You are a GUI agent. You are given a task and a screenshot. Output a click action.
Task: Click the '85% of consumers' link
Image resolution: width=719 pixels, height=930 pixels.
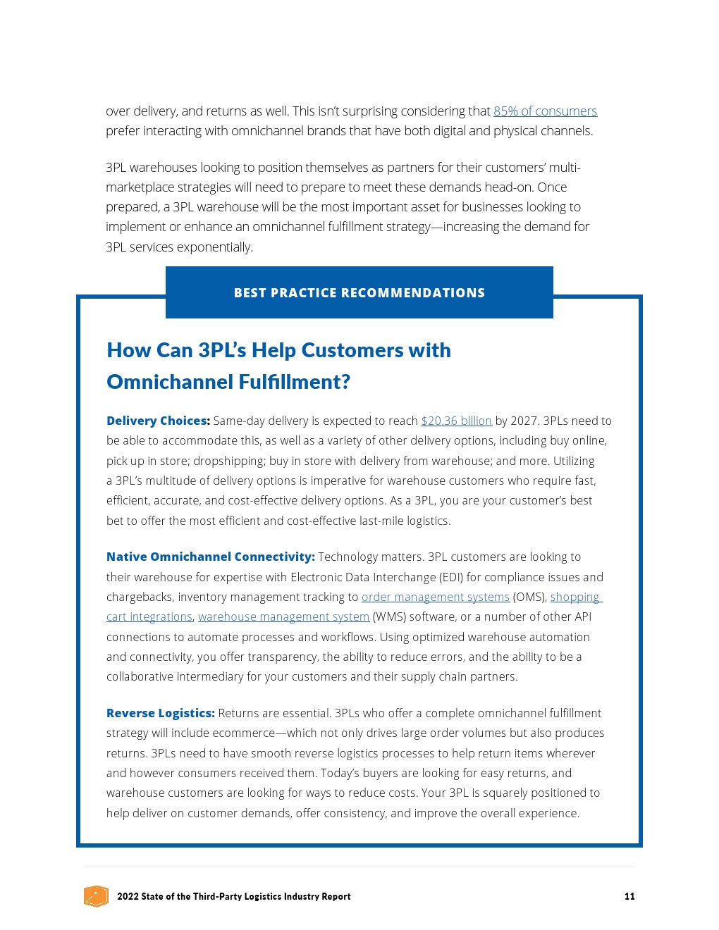(545, 111)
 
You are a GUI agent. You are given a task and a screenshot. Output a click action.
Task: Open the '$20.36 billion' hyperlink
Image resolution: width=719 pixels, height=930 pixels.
(456, 421)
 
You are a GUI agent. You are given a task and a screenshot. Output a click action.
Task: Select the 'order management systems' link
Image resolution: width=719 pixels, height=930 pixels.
(435, 597)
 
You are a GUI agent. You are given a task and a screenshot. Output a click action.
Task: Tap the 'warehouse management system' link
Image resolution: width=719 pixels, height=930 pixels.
(283, 616)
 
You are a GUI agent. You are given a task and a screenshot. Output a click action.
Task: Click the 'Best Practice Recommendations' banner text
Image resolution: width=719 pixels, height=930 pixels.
(359, 293)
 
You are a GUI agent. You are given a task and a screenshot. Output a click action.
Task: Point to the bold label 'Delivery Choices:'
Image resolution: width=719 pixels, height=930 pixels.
(158, 421)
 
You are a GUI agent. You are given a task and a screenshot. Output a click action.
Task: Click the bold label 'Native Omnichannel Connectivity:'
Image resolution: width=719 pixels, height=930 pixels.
(210, 557)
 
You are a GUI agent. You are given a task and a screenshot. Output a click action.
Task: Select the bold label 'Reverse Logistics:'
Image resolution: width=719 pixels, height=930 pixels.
(160, 713)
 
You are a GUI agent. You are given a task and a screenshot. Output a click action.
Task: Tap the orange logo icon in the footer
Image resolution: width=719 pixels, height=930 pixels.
(96, 896)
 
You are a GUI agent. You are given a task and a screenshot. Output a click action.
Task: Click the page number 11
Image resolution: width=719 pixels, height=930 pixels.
(629, 896)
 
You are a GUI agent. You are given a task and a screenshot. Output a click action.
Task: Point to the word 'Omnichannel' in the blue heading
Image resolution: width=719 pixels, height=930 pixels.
(169, 382)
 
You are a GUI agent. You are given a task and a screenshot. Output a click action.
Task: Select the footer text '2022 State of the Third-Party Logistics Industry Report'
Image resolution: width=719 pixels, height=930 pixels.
(233, 896)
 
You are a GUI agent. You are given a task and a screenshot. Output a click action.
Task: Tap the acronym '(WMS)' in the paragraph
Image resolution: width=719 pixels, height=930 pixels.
(388, 616)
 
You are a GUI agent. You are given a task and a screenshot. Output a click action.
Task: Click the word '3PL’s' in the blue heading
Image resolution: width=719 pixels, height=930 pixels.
(222, 350)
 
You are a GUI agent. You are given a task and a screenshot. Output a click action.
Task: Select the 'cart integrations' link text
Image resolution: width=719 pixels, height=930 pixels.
(149, 616)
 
